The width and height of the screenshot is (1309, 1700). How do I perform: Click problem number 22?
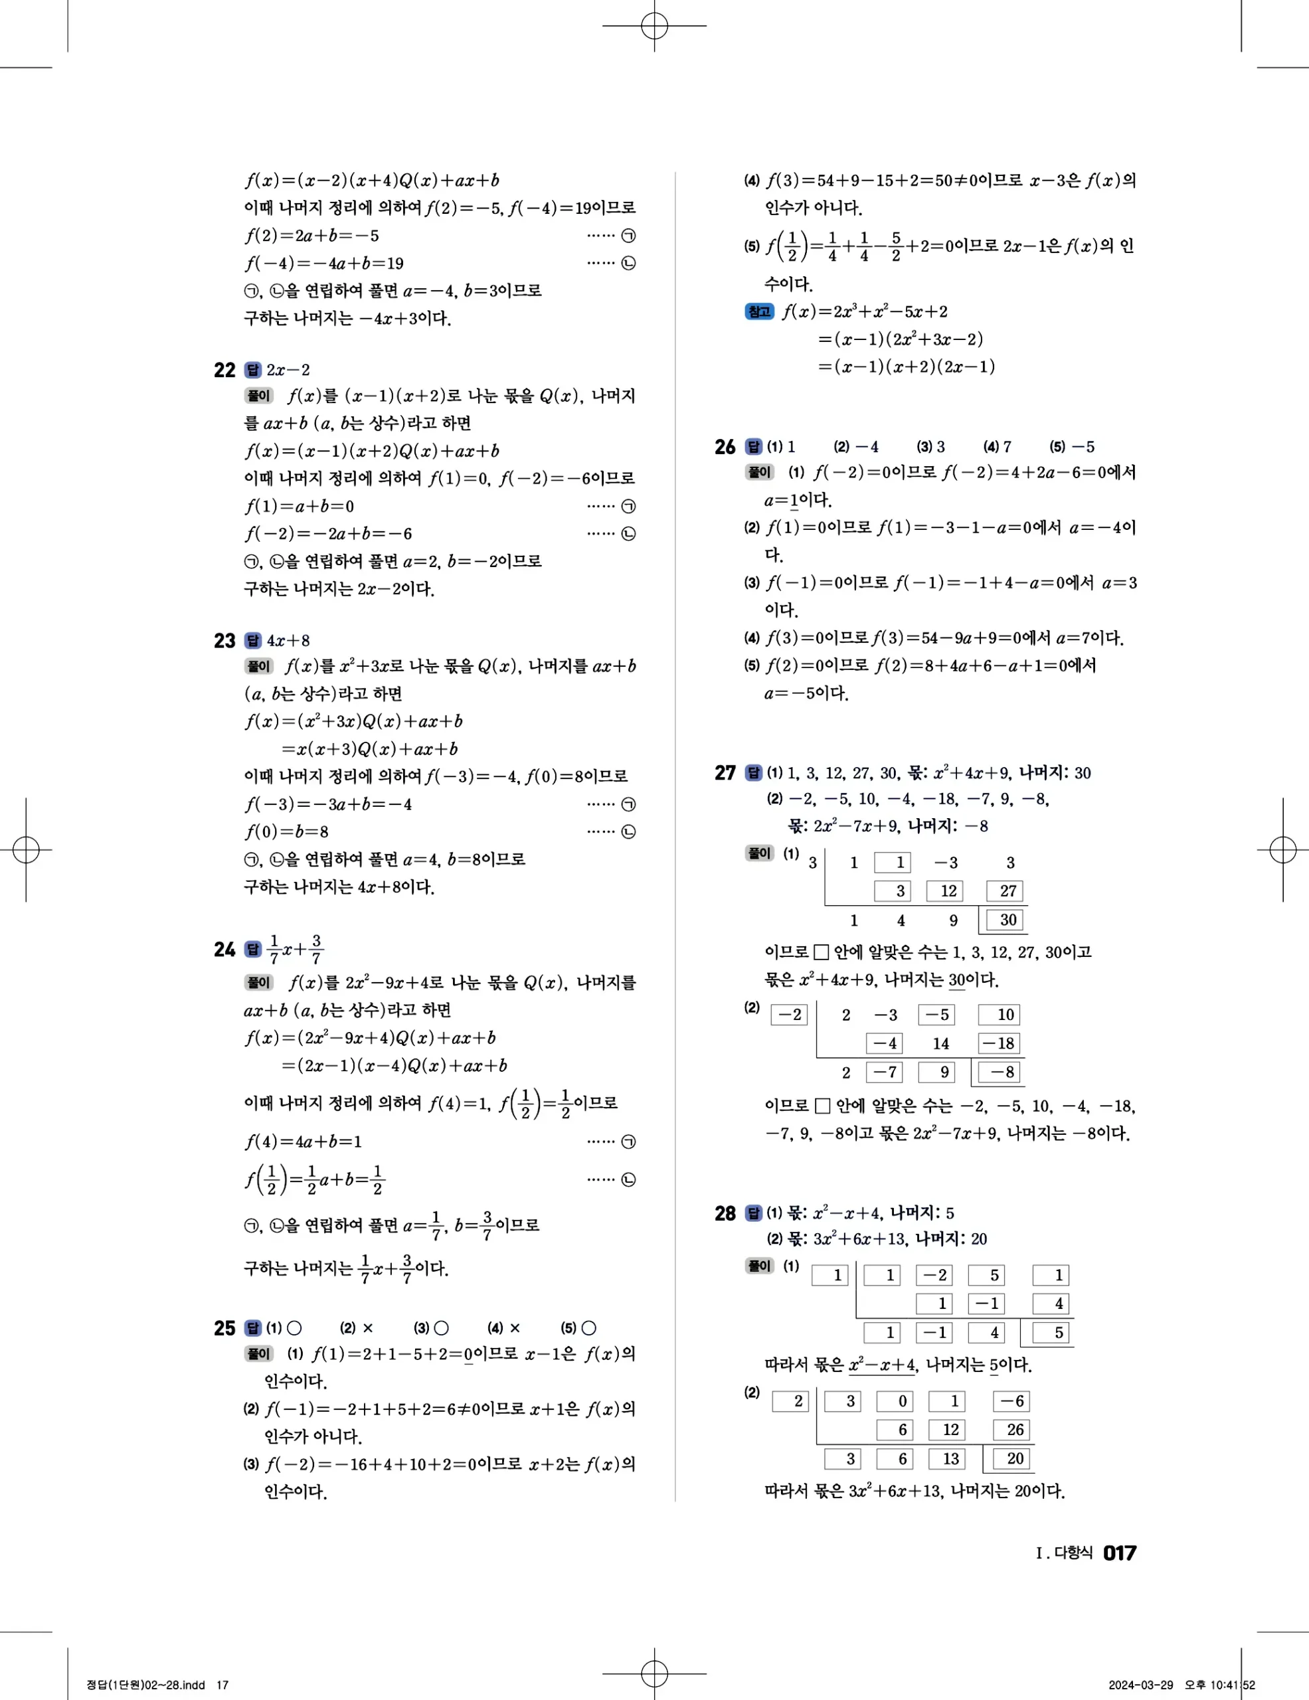click(x=224, y=370)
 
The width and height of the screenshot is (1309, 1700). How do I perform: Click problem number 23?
click(x=224, y=641)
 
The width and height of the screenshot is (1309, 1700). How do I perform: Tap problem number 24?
click(x=224, y=950)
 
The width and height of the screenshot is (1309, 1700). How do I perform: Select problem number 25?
click(x=224, y=1328)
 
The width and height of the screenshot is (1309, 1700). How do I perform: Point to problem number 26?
click(x=725, y=447)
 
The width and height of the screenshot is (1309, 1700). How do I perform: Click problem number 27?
click(x=725, y=773)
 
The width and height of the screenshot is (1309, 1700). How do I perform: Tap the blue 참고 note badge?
click(x=759, y=312)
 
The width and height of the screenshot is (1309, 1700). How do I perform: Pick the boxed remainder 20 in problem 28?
click(x=1014, y=1459)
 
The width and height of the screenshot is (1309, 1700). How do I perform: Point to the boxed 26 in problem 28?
click(x=1014, y=1430)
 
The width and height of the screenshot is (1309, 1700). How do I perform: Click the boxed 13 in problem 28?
click(x=950, y=1459)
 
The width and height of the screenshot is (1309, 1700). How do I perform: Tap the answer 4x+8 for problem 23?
click(x=288, y=641)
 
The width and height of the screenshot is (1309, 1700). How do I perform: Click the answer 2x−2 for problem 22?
click(x=288, y=370)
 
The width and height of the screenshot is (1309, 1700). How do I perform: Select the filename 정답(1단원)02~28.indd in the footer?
click(x=145, y=1685)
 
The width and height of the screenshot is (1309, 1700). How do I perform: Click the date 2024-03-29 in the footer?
click(x=1140, y=1685)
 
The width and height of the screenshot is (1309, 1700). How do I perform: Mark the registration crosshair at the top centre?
click(x=655, y=26)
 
